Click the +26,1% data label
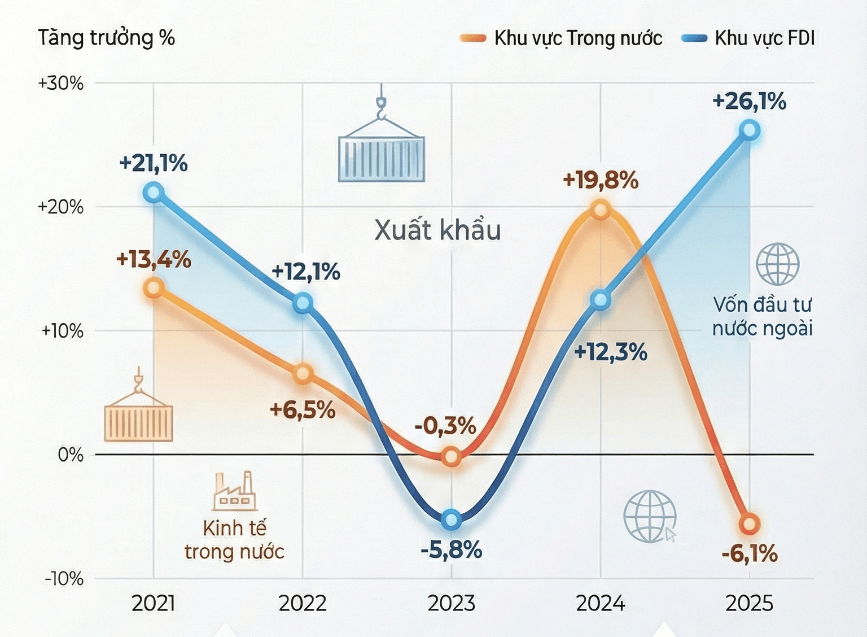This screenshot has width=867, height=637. (x=750, y=102)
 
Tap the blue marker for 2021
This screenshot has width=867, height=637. (x=154, y=193)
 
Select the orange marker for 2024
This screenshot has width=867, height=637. (x=601, y=210)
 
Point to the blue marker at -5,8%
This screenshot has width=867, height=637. (x=452, y=520)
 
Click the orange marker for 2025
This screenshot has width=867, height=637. (x=750, y=524)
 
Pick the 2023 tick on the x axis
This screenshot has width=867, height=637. (x=452, y=603)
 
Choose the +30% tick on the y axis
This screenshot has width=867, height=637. (x=61, y=83)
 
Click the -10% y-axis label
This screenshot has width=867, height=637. (x=64, y=579)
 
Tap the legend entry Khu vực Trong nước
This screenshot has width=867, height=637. (x=561, y=38)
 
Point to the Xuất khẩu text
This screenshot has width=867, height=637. (x=438, y=230)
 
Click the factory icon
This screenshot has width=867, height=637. (x=234, y=491)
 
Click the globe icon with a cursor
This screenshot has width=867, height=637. (x=650, y=517)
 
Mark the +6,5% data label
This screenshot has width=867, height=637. (x=303, y=410)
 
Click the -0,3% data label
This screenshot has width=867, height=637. (x=445, y=426)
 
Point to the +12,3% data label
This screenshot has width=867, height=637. (x=610, y=352)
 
